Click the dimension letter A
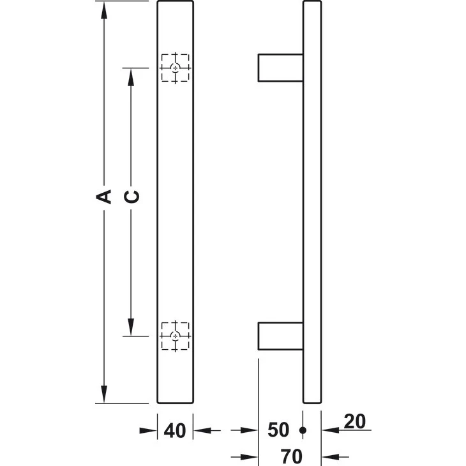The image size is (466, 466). coord(103,197)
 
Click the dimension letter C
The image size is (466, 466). coord(132,197)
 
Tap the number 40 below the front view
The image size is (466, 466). coord(175,430)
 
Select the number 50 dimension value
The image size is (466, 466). coord(278,430)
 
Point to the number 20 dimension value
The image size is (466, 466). coord(354,421)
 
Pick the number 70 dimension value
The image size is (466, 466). coord(292,456)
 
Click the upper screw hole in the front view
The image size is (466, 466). coord(176,68)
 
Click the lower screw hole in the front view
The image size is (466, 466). coord(176,336)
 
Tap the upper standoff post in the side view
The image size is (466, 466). coord(280,68)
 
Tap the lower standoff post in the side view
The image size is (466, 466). coord(280,336)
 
